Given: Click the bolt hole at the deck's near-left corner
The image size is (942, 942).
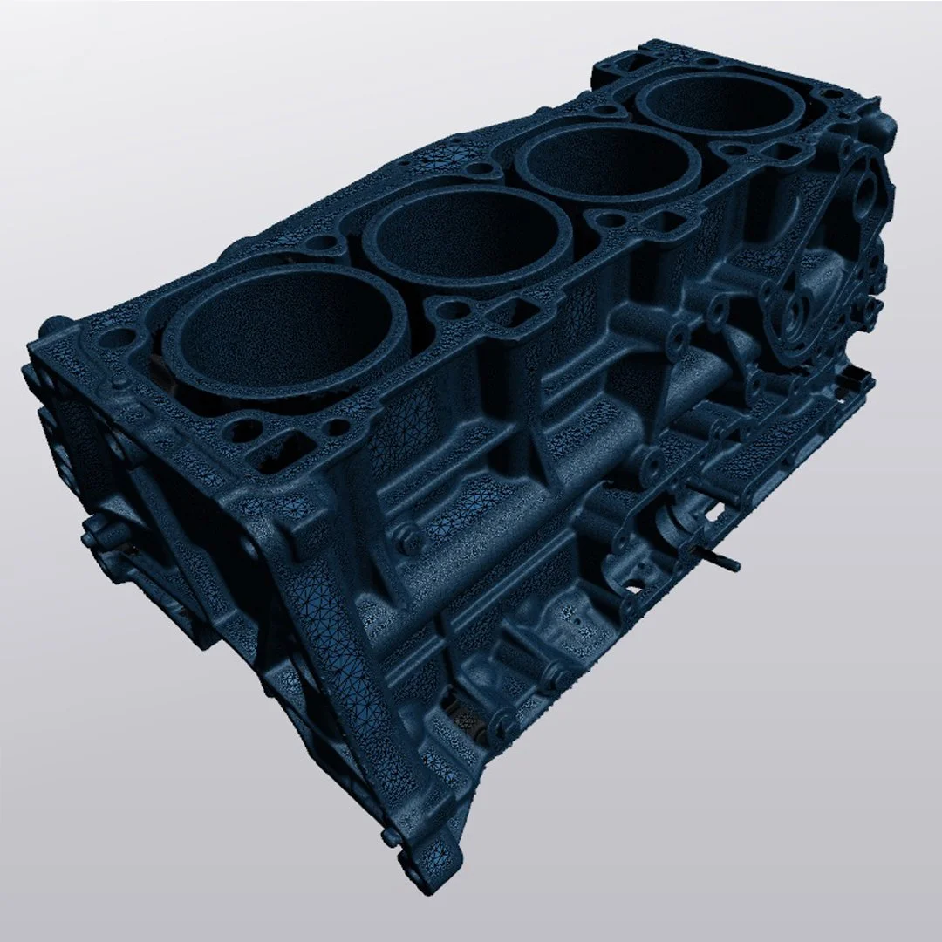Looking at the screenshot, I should [122, 337].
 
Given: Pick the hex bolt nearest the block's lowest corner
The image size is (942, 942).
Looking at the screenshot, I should [502, 720].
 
